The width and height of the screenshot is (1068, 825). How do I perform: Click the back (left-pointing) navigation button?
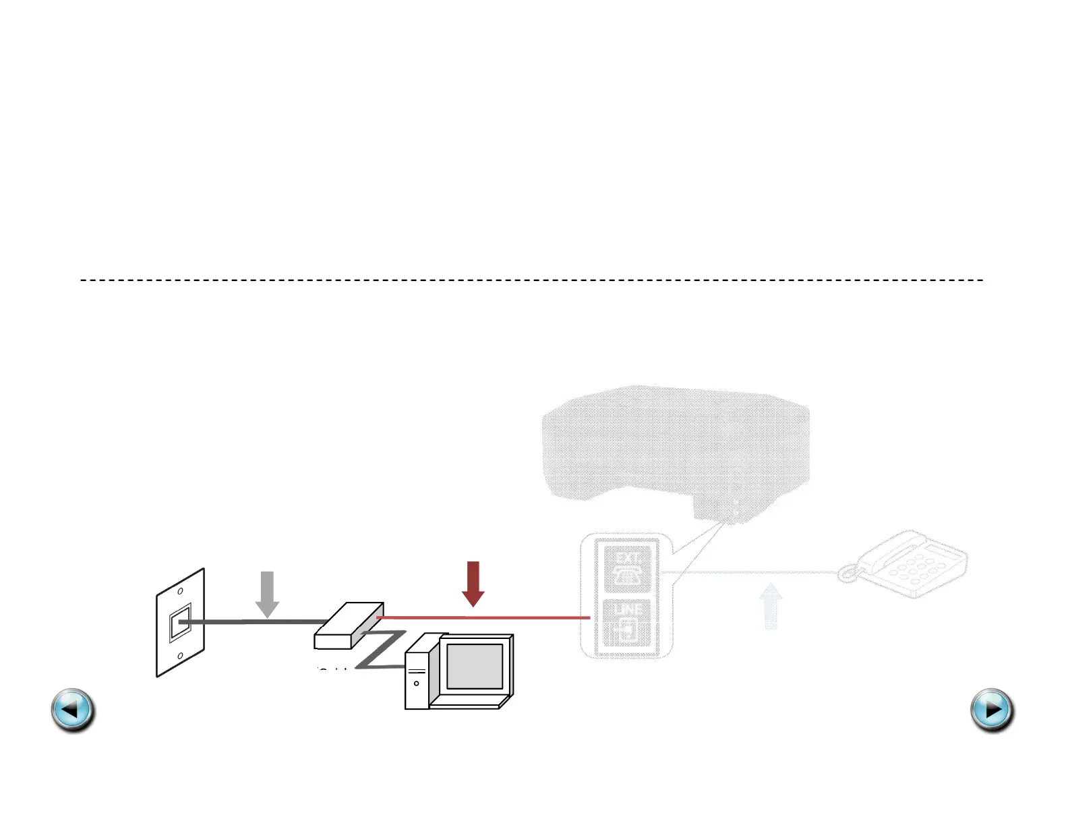pos(73,710)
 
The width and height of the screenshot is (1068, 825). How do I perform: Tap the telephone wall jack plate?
pos(180,623)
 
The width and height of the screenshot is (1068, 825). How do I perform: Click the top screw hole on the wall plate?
pos(180,591)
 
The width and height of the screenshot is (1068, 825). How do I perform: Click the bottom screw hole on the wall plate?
pos(180,655)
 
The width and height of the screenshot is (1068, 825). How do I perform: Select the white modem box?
pos(349,625)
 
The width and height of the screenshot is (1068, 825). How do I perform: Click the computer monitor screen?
pos(475,666)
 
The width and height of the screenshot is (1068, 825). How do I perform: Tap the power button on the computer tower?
pos(417,683)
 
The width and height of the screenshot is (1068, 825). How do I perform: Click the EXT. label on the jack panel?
pos(628,558)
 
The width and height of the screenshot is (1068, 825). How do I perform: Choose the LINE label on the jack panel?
pos(628,609)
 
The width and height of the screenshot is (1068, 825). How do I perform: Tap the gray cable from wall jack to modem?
pos(256,621)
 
